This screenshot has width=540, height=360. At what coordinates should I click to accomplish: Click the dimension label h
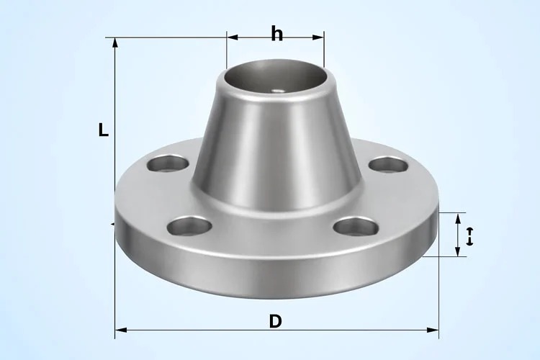pos(276,34)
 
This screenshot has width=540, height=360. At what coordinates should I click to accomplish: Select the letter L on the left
pos(104,130)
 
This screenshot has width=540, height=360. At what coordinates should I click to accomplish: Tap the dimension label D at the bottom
pos(275,321)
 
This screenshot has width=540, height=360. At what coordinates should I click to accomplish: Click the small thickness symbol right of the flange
pos(470,235)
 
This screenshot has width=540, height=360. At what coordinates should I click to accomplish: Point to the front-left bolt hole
pos(189,228)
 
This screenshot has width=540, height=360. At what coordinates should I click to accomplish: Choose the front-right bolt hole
pos(356,227)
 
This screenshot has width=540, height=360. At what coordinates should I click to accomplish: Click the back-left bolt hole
pos(167,163)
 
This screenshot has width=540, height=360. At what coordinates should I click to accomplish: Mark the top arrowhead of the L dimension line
pos(115,42)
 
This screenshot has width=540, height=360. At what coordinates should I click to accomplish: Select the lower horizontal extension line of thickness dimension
pos(446,256)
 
